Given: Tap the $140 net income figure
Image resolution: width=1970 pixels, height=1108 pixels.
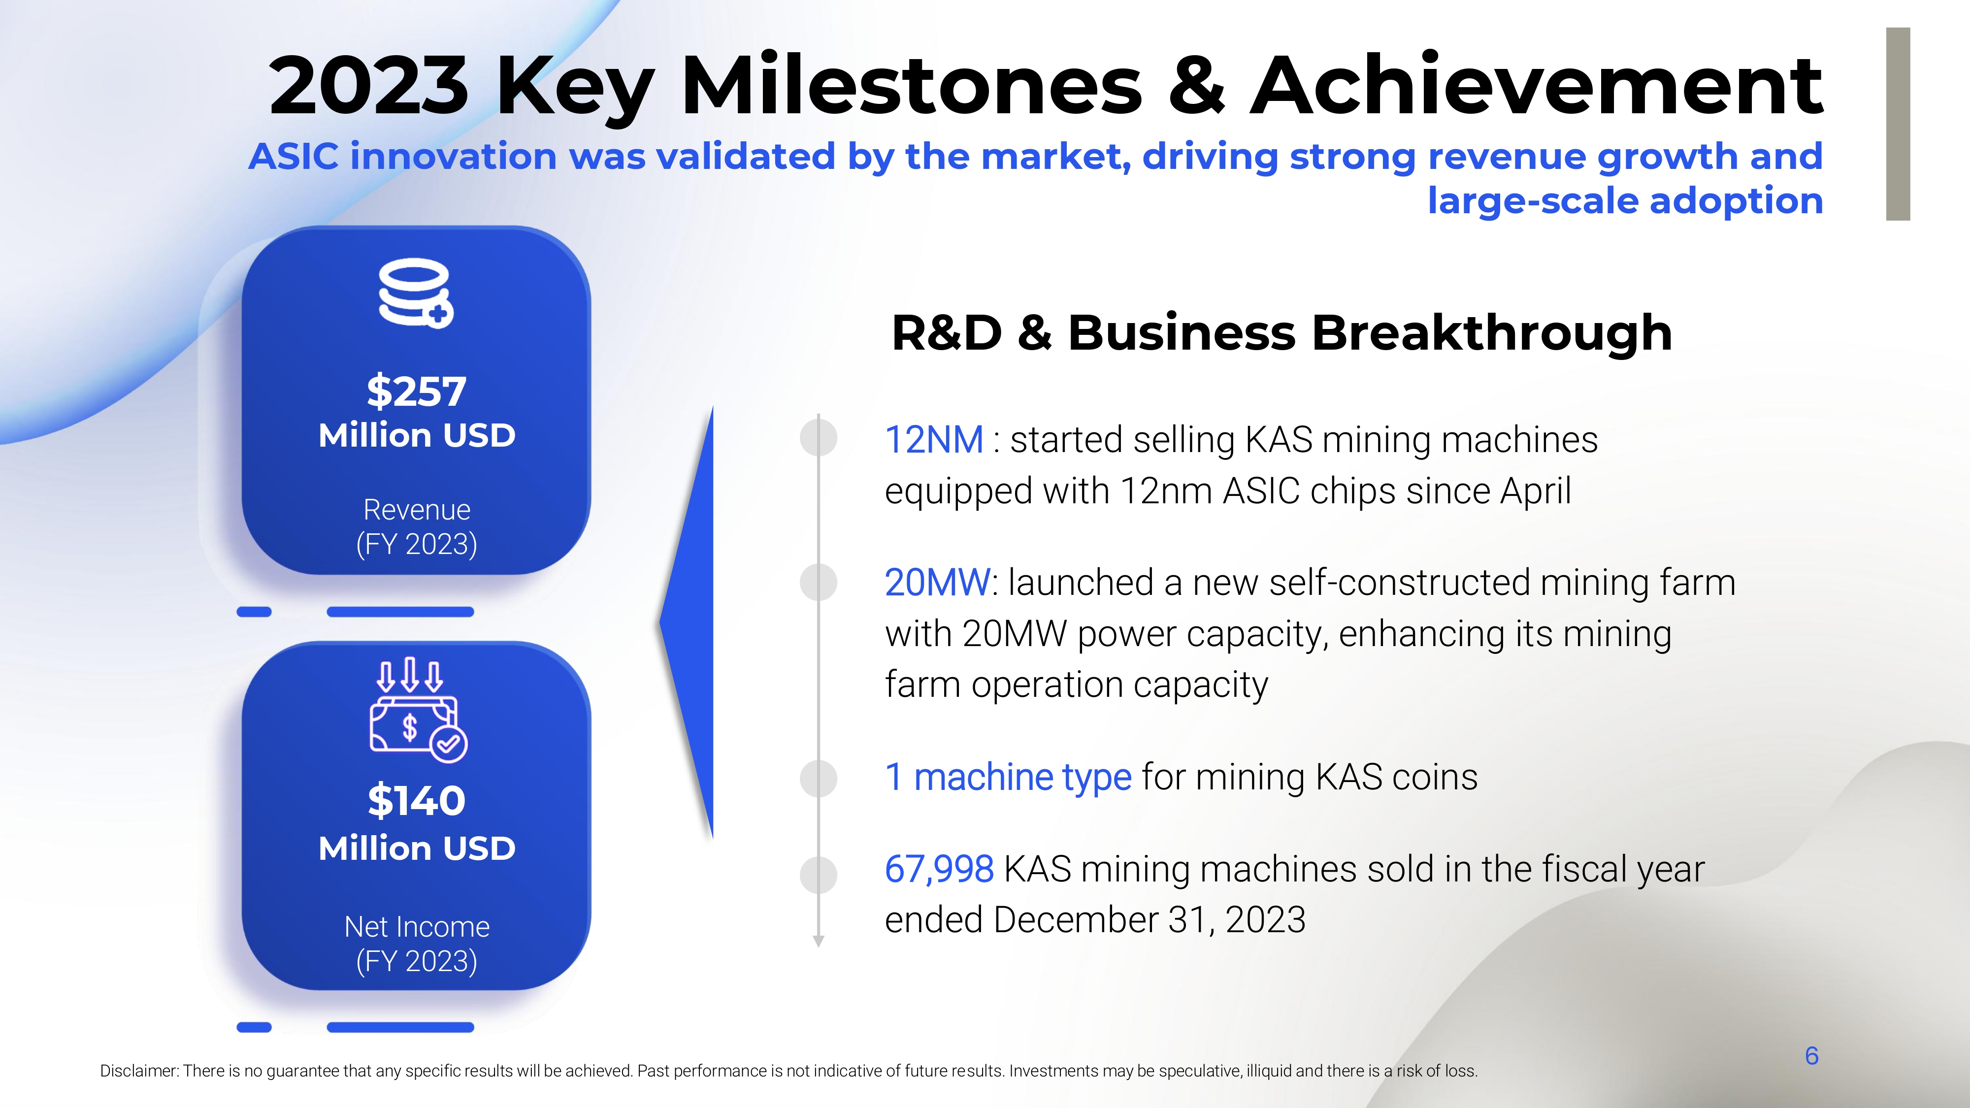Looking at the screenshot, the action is point(416,801).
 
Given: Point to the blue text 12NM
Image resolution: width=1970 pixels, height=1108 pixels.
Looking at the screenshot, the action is point(934,440).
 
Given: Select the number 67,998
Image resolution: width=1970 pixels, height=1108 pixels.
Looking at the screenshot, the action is point(939,870).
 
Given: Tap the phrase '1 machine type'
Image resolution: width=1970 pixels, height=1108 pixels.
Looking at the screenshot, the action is point(1008,778).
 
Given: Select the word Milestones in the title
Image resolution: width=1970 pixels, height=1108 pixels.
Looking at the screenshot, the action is point(911,86).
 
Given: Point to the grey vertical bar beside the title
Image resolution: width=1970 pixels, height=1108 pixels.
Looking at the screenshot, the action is point(1898,124).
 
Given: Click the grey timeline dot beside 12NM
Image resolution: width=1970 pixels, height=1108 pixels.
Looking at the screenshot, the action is point(818,438).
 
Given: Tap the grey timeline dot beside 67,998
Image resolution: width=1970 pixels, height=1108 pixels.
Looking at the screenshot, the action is point(818,875).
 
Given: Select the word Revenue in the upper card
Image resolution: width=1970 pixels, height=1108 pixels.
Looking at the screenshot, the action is point(417,509).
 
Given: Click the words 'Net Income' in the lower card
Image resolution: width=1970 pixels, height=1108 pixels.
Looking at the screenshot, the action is point(417,927).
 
